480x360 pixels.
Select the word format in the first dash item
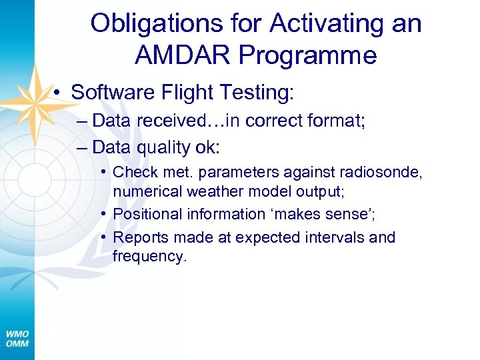(323, 121)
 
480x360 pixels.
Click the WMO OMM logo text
(17, 339)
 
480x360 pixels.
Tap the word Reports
(138, 237)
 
